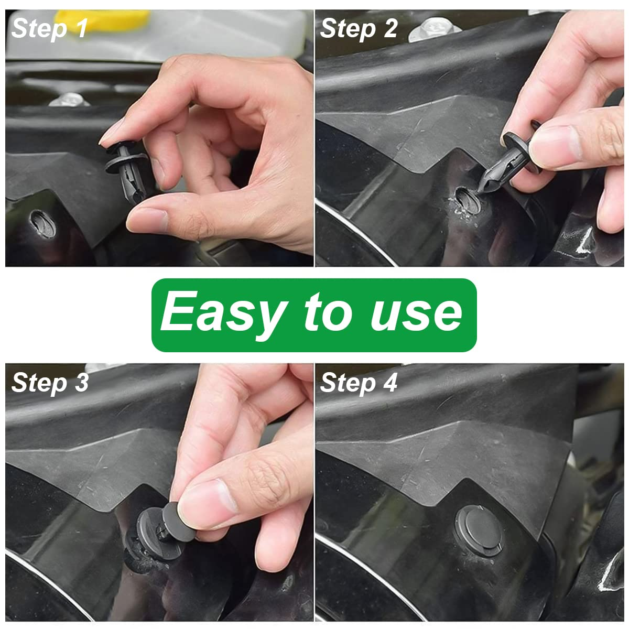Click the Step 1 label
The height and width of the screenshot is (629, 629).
pyautogui.click(x=49, y=28)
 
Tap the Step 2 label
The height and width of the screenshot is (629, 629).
pyautogui.click(x=359, y=28)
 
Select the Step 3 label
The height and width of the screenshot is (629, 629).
pyautogui.click(x=50, y=383)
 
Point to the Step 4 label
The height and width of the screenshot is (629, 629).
pyautogui.click(x=359, y=383)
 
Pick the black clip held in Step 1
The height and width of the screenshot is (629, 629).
pyautogui.click(x=126, y=168)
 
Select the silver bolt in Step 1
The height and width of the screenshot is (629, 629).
pyautogui.click(x=69, y=99)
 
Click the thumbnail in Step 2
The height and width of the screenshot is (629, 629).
pyautogui.click(x=556, y=142)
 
